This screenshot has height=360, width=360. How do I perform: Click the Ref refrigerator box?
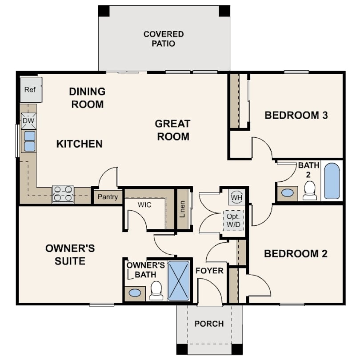30,89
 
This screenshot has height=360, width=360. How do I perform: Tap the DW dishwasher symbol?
28,120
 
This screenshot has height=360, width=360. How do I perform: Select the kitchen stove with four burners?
63,194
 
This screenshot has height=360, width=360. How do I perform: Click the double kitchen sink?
29,141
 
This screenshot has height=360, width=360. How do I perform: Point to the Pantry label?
108,197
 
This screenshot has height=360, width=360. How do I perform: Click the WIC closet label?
144,205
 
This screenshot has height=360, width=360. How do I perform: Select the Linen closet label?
182,209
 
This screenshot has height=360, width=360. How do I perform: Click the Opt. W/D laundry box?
233,220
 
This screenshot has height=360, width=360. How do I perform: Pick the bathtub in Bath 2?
332,181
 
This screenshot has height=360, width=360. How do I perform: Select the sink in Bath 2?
288,193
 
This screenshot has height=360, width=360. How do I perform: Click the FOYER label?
209,271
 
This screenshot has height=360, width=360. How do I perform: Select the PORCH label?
209,324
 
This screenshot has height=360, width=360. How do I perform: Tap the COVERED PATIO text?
164,39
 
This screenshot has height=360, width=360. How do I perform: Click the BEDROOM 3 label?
296,116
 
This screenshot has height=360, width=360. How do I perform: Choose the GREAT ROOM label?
172,130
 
